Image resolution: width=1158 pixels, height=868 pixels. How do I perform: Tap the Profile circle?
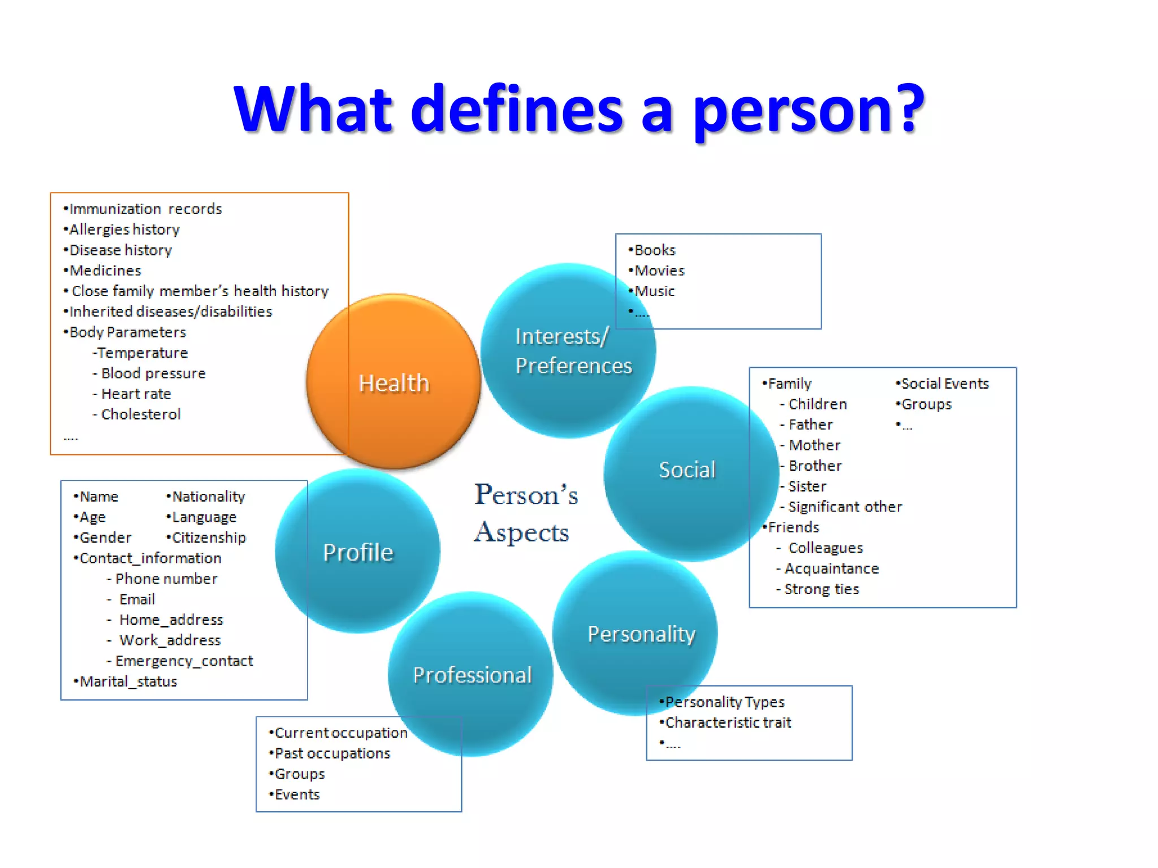(357, 552)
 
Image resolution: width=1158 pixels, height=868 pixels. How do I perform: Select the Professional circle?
(472, 674)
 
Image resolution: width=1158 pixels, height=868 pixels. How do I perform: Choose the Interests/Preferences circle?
(568, 350)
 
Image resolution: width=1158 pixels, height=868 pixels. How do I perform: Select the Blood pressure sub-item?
(153, 374)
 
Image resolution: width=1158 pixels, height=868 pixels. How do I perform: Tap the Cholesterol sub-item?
(140, 415)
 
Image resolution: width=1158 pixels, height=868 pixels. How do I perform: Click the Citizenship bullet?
(208, 537)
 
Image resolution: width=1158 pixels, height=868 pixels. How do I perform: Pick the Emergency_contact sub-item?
(184, 661)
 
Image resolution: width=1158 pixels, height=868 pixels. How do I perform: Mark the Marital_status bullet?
(128, 682)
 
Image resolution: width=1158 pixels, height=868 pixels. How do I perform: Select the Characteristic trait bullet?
(728, 723)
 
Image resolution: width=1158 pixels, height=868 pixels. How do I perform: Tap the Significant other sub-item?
(845, 507)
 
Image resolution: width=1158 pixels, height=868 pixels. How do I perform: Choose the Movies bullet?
(659, 271)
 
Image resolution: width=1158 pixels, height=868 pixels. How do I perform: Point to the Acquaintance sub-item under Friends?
(831, 568)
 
